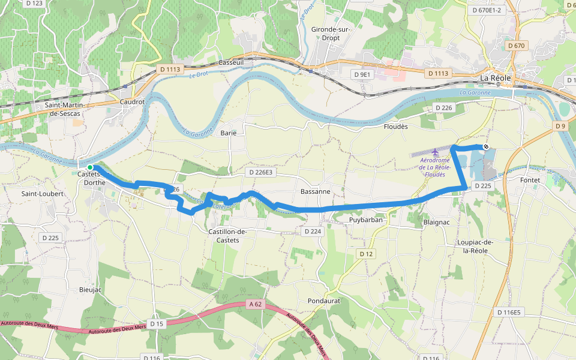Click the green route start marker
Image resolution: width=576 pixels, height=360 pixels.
pos(89,167)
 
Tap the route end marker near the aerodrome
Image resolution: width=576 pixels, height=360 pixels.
pos(485,146)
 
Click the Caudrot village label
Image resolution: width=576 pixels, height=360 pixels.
pos(133,102)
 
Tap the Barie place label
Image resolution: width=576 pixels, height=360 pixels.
pos(229,133)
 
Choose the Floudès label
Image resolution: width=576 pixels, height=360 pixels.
pos(395,127)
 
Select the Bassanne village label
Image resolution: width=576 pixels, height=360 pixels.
pos(315,191)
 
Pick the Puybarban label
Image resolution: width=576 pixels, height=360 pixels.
pos(365,220)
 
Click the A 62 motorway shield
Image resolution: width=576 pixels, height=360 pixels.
pos(256,305)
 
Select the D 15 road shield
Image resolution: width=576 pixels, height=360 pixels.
pos(157,324)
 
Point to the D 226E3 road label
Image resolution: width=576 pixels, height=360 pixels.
pos(259,172)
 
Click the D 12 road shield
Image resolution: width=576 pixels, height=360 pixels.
pos(367,254)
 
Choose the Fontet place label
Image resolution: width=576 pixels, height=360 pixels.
pos(530,180)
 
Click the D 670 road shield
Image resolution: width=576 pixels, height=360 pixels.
pos(515,46)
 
